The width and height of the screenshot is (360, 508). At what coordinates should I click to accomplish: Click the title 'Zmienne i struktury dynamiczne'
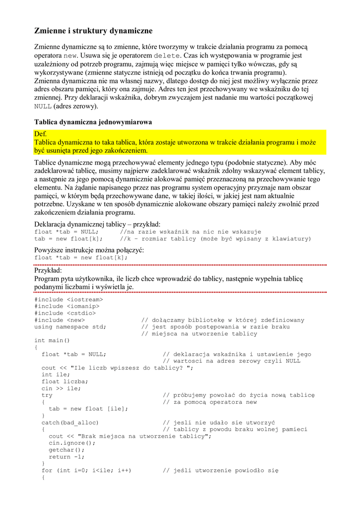[93, 31]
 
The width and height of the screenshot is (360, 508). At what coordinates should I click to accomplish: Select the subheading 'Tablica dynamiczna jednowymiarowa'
[93, 122]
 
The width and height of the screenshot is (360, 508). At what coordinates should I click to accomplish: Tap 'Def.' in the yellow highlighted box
[40, 134]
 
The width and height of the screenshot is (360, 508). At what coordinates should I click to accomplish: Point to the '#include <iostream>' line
[69, 300]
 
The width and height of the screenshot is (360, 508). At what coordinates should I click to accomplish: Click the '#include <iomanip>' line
[67, 307]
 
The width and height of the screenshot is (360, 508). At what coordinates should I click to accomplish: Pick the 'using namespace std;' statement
[70, 327]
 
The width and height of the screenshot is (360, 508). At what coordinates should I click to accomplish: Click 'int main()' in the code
[52, 341]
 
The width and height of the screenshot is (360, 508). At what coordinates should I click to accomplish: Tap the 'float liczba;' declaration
[65, 381]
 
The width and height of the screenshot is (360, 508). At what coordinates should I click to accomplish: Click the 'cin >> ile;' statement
[61, 388]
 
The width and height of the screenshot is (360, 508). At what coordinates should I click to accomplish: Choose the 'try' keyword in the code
[47, 395]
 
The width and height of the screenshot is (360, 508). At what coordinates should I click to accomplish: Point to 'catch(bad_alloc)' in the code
[70, 423]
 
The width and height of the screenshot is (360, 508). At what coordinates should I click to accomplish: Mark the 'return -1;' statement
[67, 457]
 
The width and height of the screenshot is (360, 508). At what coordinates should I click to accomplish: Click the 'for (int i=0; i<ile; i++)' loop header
[86, 470]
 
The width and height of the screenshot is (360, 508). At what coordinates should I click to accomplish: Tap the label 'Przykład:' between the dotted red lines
[48, 271]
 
